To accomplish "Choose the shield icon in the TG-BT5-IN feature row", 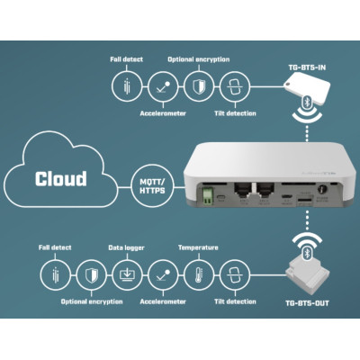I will pyautogui.click(x=197, y=85).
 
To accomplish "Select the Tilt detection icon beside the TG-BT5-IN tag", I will pyautogui.click(x=234, y=85).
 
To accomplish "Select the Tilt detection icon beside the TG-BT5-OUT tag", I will pyautogui.click(x=234, y=273).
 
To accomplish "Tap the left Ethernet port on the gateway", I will pyautogui.click(x=242, y=192).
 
